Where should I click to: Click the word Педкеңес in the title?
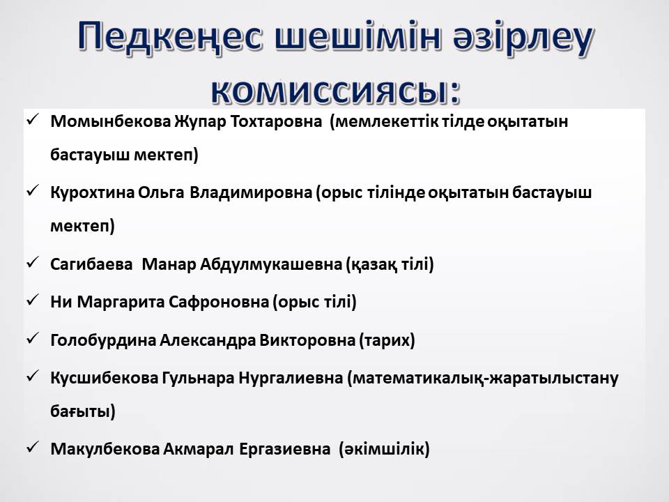click(x=169, y=37)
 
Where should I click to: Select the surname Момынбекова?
click(x=111, y=121)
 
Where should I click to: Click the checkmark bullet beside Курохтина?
click(x=33, y=191)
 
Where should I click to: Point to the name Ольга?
click(x=161, y=193)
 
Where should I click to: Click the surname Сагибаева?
click(x=91, y=264)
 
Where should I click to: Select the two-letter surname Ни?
click(x=61, y=302)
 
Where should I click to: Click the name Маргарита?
click(x=121, y=302)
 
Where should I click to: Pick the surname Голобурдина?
click(x=103, y=340)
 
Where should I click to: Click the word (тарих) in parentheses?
click(x=387, y=340)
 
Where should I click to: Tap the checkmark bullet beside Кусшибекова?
click(x=33, y=376)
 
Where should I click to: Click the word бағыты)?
click(x=83, y=411)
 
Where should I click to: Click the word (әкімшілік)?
click(x=384, y=449)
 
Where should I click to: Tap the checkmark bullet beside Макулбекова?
click(x=33, y=447)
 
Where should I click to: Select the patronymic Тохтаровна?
click(x=276, y=121)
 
